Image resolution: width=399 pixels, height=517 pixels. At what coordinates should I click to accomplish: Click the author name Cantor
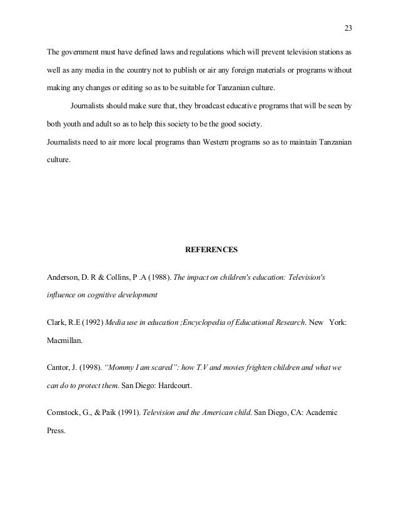[60, 369]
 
